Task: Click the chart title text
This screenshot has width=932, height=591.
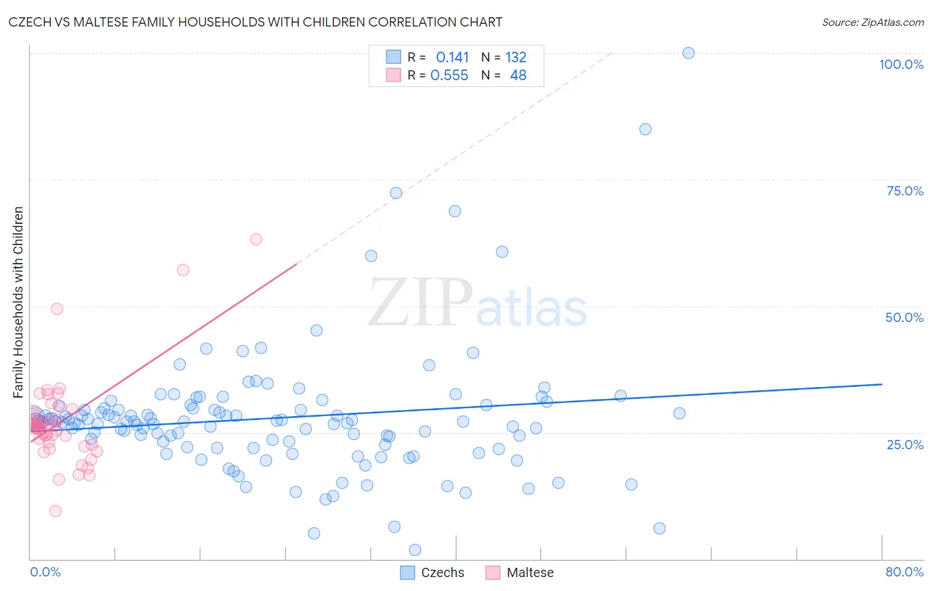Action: pos(255,22)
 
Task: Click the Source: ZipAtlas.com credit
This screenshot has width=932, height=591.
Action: pos(872,23)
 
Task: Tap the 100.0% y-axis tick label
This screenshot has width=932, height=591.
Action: pos(901,64)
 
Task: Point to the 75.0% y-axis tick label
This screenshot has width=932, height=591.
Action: pos(905,191)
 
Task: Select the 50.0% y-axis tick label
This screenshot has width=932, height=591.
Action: pos(904,317)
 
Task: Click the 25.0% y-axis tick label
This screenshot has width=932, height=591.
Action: pos(905,444)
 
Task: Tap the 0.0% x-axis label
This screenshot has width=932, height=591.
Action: pos(45,572)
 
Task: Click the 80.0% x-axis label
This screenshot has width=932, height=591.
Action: pos(904,572)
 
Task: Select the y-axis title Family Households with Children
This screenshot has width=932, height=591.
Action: pos(19,302)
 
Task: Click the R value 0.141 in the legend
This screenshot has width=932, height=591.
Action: pos(452,58)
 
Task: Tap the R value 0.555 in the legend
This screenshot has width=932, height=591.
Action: pos(449,76)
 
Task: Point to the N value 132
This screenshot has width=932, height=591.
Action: pos(516,58)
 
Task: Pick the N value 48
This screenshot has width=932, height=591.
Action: pos(518,76)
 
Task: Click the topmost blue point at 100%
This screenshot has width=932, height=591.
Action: pos(689,53)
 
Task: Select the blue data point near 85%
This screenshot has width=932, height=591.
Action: pos(645,129)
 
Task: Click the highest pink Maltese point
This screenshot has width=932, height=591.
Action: pos(256,239)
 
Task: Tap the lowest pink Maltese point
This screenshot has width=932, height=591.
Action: pos(56,511)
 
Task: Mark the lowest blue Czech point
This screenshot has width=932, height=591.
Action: pos(415,550)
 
